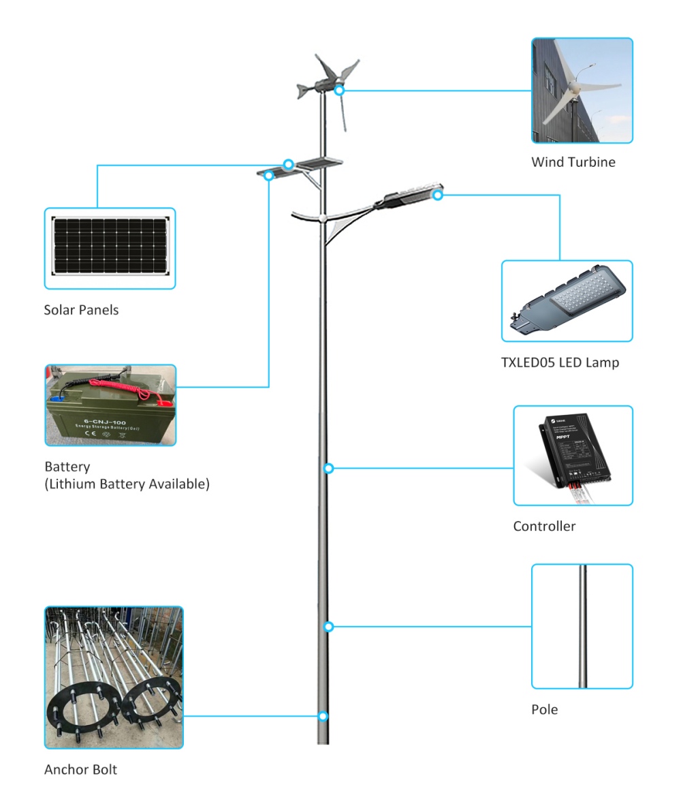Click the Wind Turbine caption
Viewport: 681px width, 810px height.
[x=573, y=162]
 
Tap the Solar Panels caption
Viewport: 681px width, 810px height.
[x=81, y=310]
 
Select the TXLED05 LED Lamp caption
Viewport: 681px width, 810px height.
[x=560, y=362]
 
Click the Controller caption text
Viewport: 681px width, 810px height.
[x=544, y=527]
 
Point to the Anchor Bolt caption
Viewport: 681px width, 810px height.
[x=80, y=770]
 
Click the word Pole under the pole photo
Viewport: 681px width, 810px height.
[x=544, y=710]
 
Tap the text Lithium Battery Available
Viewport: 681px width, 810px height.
[x=127, y=484]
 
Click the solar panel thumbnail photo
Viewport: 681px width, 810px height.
[x=110, y=249]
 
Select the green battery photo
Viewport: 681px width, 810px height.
[x=110, y=405]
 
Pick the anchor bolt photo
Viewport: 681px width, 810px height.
[x=114, y=677]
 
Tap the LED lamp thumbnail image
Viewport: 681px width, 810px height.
[x=567, y=300]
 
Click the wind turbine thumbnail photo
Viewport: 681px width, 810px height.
[x=582, y=90]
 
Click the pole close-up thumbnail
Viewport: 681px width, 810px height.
[x=582, y=626]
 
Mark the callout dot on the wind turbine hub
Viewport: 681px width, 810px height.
[x=339, y=90]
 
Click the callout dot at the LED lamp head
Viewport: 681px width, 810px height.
[x=438, y=196]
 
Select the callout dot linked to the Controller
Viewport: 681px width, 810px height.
[x=328, y=469]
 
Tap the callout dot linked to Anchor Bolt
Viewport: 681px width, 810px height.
[x=323, y=716]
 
